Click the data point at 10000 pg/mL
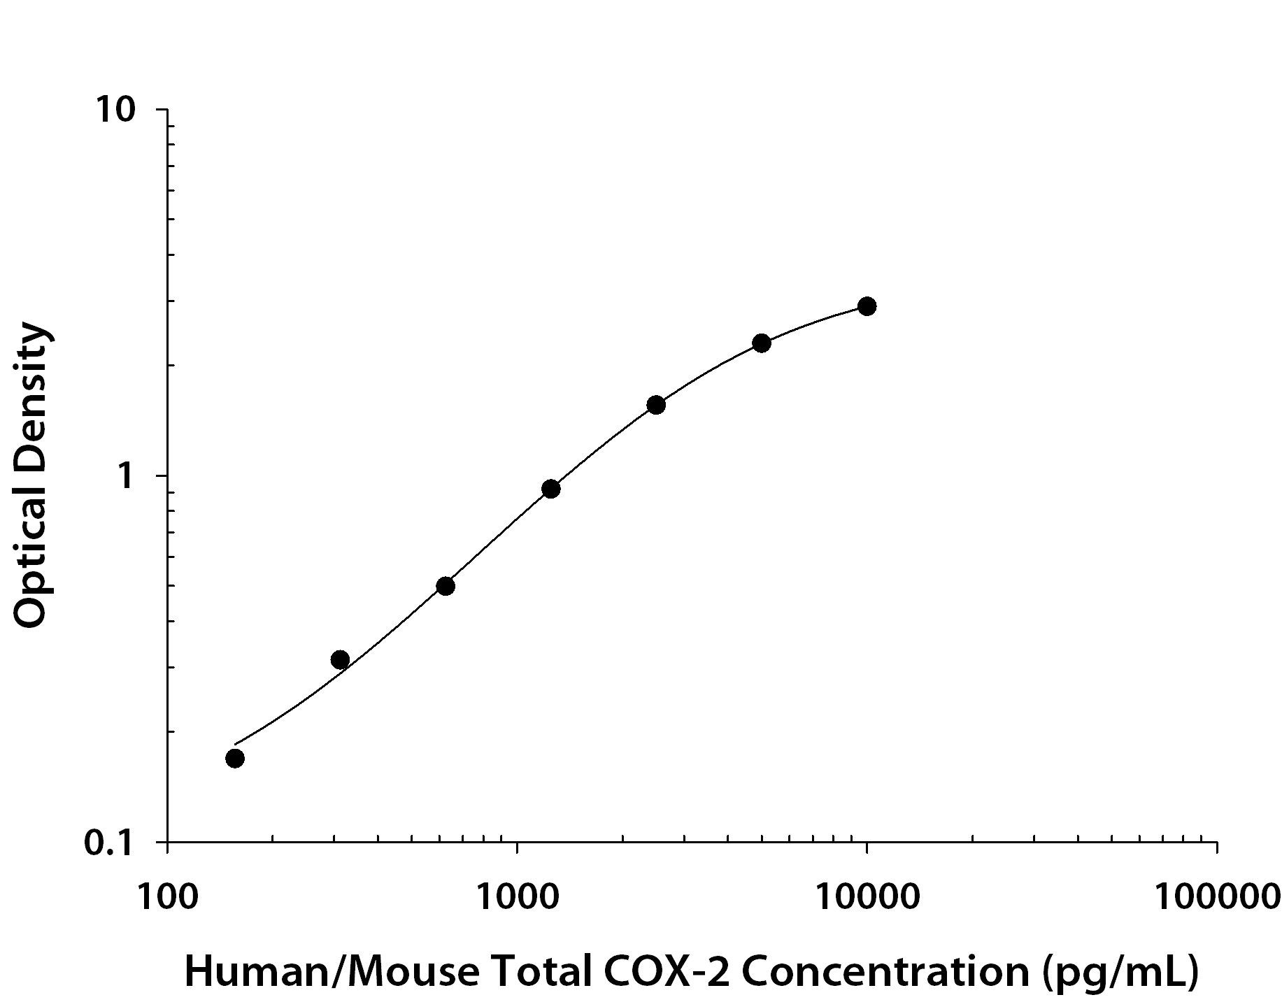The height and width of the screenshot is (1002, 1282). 867,306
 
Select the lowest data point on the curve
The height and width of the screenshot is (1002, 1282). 235,758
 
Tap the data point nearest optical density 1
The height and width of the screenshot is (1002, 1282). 550,489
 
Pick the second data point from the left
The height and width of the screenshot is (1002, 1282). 340,659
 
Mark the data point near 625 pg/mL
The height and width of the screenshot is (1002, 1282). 446,586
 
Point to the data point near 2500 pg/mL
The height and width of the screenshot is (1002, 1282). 655,405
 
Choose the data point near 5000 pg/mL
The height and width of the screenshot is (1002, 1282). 762,343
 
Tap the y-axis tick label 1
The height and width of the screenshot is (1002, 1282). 125,477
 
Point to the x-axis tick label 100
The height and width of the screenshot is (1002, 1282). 166,896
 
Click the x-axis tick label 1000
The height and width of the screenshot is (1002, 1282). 516,896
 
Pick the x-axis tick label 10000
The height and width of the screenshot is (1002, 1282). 867,896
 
